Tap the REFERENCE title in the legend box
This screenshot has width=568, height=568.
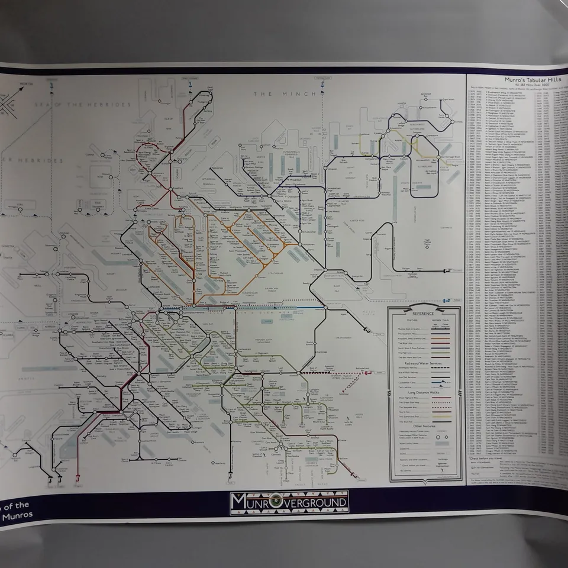424,313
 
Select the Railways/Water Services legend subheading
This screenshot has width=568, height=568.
424,363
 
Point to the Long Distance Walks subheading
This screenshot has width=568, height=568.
424,393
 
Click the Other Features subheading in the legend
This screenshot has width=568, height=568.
424,425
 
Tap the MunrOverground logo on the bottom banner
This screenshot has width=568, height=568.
289,502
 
